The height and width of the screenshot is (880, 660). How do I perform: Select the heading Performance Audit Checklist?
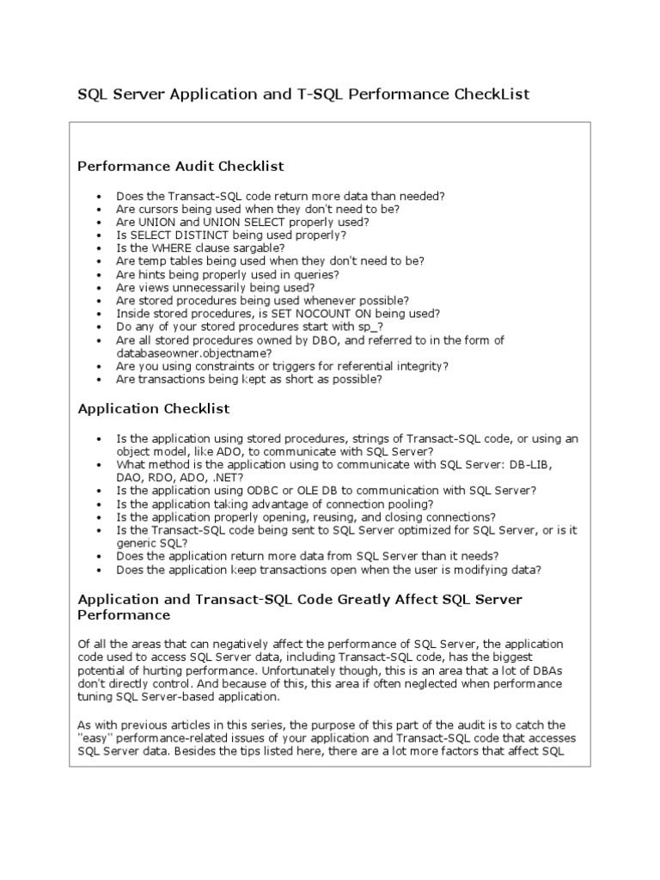(x=181, y=165)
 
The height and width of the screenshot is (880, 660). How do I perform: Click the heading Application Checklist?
(x=154, y=409)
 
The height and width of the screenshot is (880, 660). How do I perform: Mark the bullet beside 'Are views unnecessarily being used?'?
(x=100, y=288)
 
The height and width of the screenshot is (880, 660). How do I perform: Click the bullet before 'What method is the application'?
(x=100, y=465)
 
